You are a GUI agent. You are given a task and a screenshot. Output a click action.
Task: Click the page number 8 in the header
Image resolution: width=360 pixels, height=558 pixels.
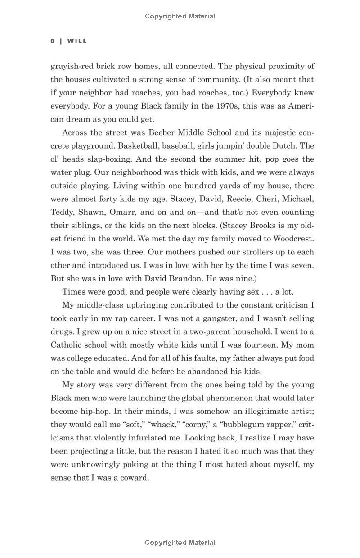[53, 41]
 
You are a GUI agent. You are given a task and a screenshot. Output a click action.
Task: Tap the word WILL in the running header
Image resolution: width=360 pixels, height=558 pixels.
[77, 41]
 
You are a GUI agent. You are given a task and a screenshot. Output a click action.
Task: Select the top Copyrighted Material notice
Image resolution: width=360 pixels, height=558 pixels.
[180, 16]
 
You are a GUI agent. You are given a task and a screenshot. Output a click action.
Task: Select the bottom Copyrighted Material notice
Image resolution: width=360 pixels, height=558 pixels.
[180, 543]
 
